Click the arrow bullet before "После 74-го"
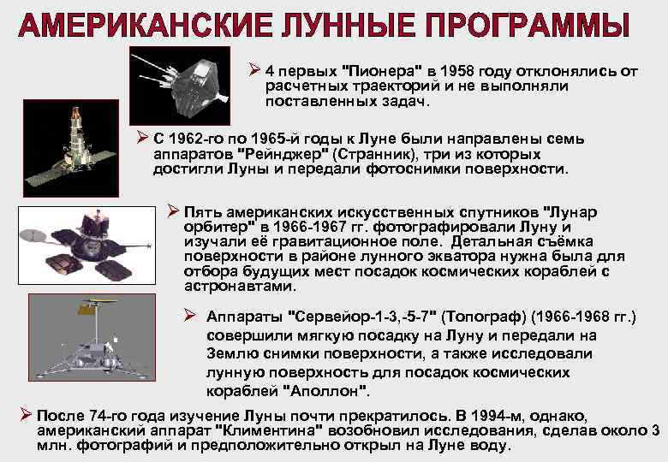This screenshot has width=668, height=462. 26,415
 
